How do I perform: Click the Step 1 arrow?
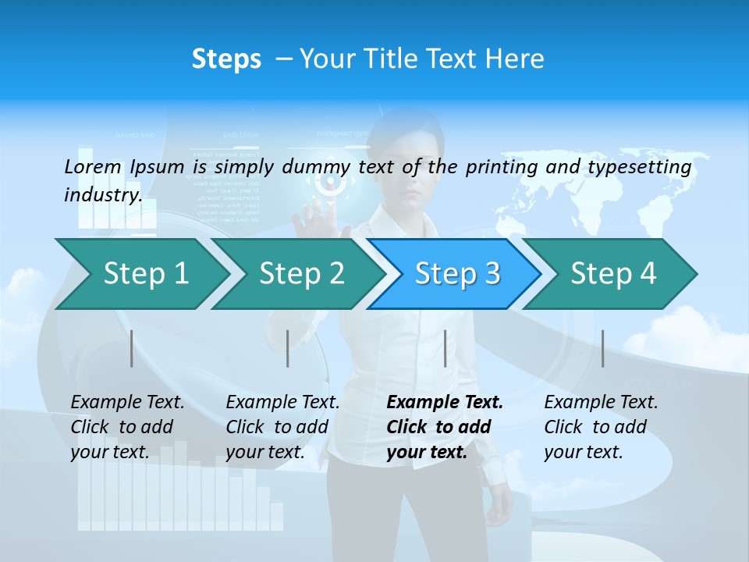[145, 274]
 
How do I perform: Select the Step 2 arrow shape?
[301, 274]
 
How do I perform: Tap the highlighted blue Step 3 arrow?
[457, 274]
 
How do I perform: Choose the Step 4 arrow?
[613, 274]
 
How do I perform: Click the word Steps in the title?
[226, 59]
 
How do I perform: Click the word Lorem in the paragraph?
[93, 166]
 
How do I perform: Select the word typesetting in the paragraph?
[639, 167]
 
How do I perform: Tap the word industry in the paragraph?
[102, 195]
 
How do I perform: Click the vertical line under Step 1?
[132, 348]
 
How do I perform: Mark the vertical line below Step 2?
[288, 348]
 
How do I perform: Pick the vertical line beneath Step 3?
[445, 348]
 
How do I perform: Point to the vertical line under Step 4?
[603, 348]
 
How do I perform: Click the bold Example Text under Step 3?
[445, 403]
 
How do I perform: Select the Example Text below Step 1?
[127, 403]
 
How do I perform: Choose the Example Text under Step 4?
[601, 403]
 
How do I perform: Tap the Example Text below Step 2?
[282, 403]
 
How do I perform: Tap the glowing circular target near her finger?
[331, 183]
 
